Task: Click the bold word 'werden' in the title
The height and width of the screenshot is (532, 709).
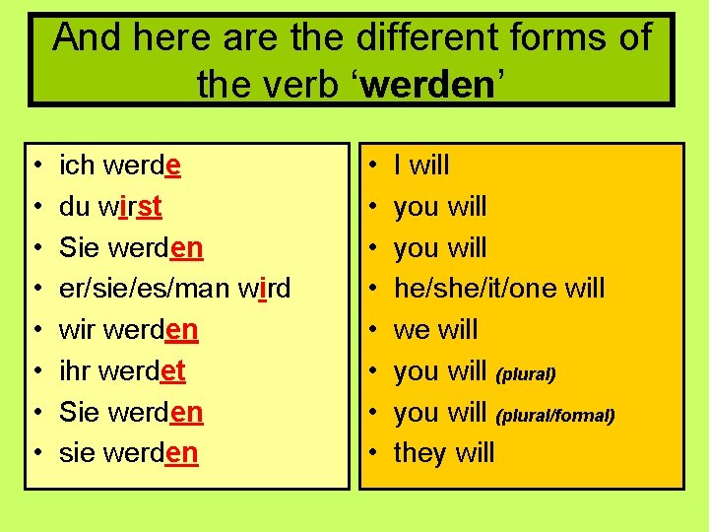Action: pos(427,85)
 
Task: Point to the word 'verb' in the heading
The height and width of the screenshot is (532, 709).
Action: pos(307,85)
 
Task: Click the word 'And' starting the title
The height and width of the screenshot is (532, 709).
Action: pos(86,37)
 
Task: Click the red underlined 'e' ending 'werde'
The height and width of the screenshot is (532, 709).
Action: pos(173,166)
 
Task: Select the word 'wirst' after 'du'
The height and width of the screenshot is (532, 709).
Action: pos(131,207)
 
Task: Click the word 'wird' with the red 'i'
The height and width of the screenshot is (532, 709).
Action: pos(264,289)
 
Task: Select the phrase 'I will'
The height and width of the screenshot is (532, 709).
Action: pos(421,166)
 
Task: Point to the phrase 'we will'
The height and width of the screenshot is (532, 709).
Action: pos(435,330)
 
